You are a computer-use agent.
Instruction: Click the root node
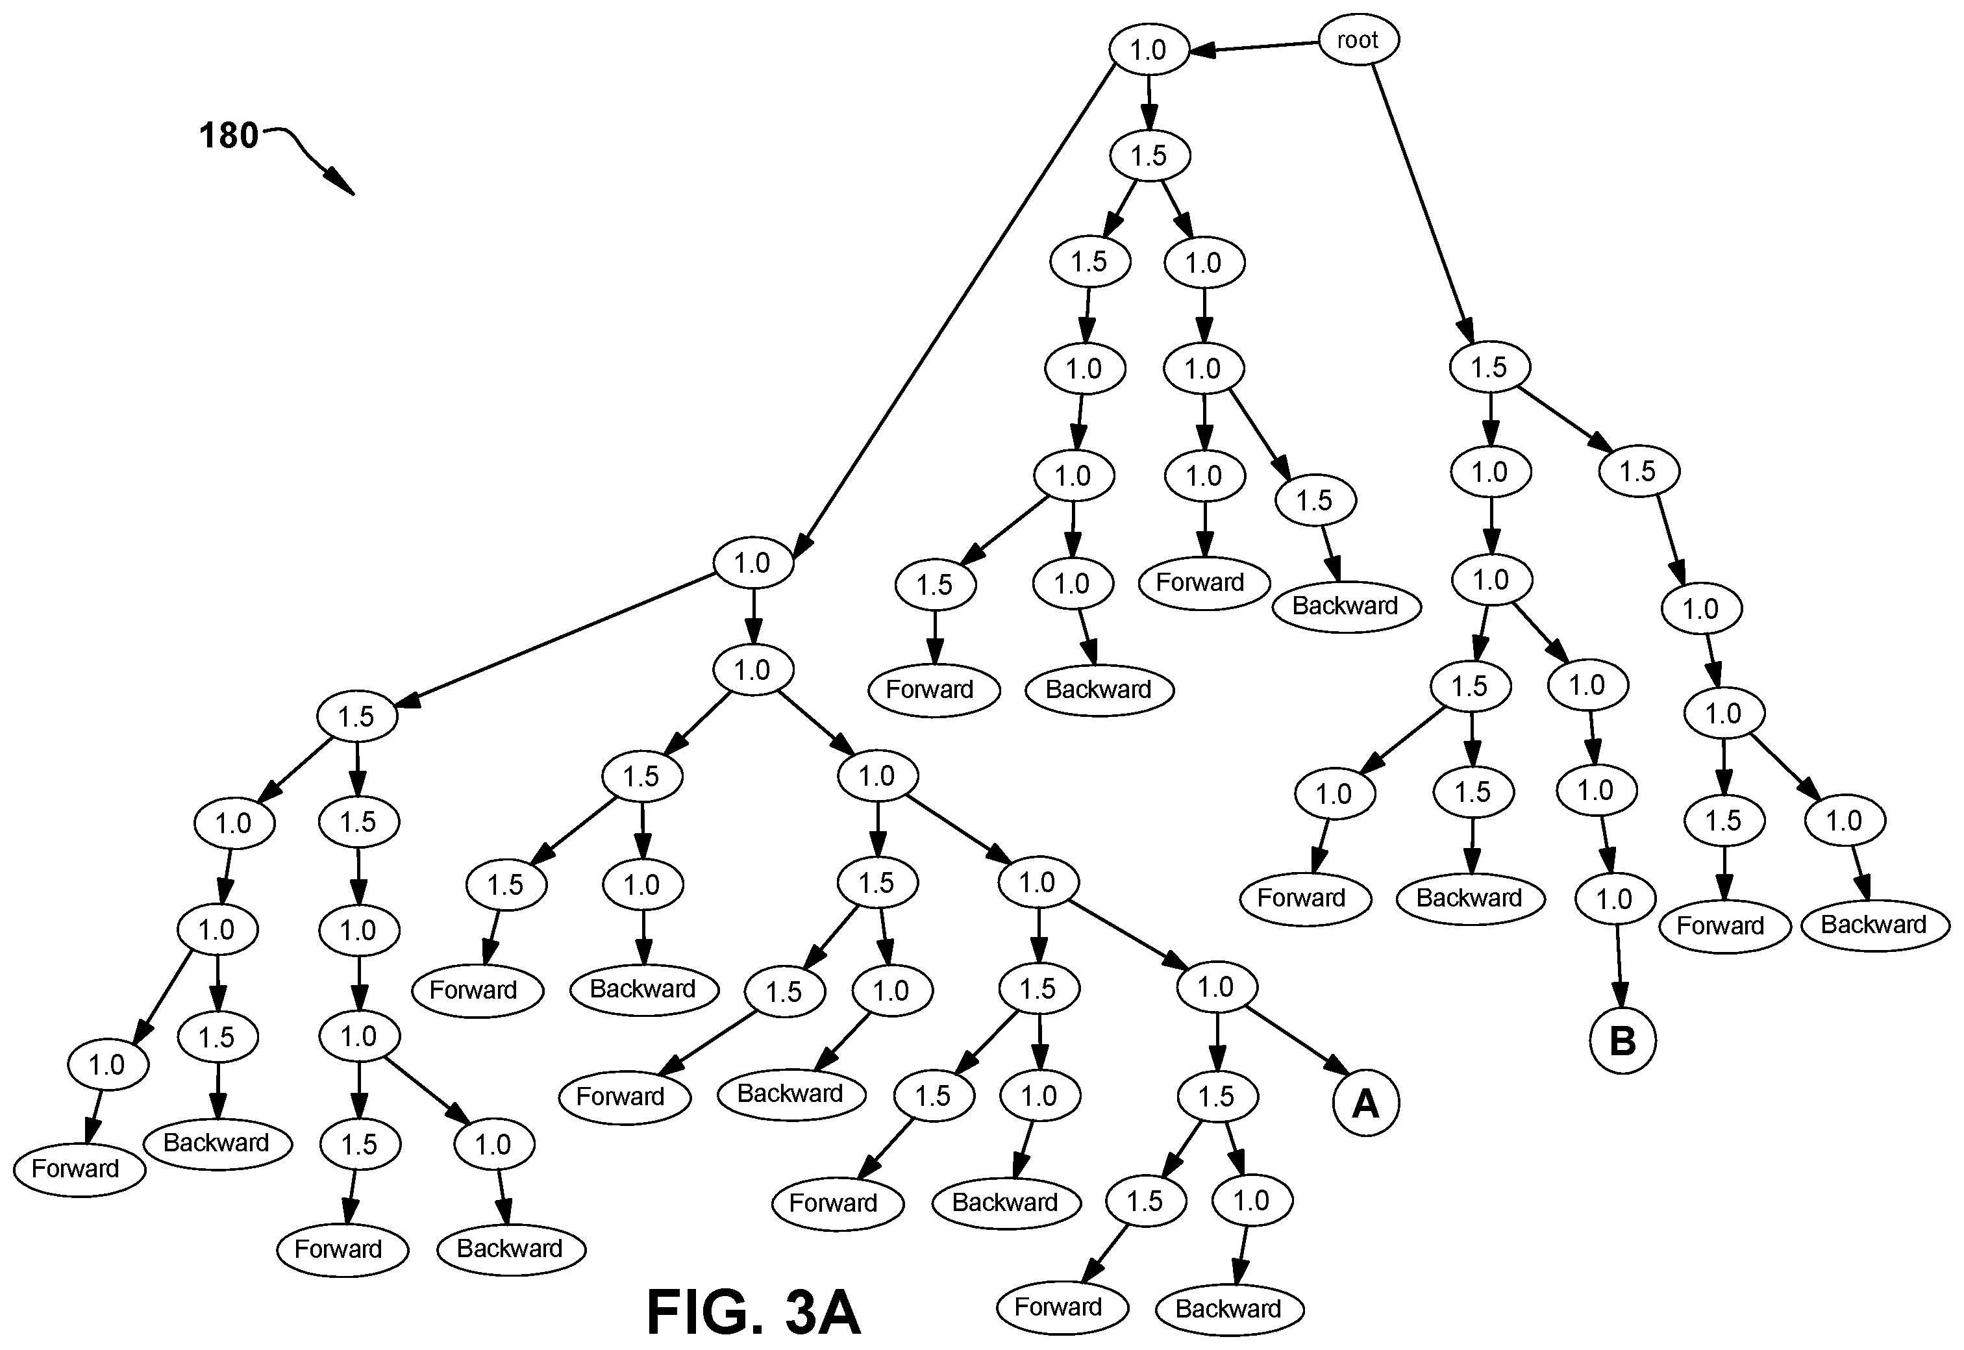pyautogui.click(x=1358, y=40)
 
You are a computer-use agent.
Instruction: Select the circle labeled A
pyautogui.click(x=1366, y=1103)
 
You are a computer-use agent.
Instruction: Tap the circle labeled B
pyautogui.click(x=1622, y=1040)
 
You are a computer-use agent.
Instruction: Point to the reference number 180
pyautogui.click(x=229, y=135)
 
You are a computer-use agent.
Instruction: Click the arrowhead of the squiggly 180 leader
pyautogui.click(x=341, y=182)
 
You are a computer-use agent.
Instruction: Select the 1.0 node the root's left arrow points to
pyautogui.click(x=1149, y=50)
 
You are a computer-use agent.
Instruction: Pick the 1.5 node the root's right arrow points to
pyautogui.click(x=1489, y=367)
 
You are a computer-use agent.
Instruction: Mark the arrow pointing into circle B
pyautogui.click(x=1619, y=966)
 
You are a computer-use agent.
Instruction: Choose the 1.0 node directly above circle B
pyautogui.click(x=1614, y=899)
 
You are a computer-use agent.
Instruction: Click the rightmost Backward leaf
pyautogui.click(x=1874, y=925)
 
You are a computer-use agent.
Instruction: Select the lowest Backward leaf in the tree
pyautogui.click(x=1229, y=1308)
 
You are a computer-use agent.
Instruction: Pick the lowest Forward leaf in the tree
pyautogui.click(x=1062, y=1307)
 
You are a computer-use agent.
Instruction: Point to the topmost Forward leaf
pyautogui.click(x=1204, y=582)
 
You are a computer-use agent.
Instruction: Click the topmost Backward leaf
pyautogui.click(x=1346, y=606)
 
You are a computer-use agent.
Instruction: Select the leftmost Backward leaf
pyautogui.click(x=218, y=1143)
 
